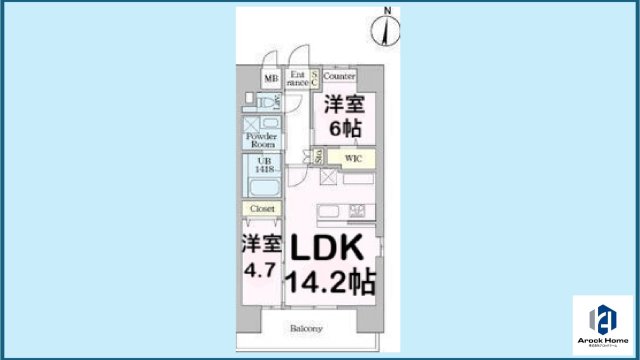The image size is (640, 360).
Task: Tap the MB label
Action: point(270,78)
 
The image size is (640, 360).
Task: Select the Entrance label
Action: point(297,78)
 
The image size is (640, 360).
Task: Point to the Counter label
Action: point(340,76)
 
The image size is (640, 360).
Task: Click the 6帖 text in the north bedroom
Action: point(341,127)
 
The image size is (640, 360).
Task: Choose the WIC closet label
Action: point(352,157)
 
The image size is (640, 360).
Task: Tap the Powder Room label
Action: point(261,139)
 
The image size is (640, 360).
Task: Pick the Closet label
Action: point(263,208)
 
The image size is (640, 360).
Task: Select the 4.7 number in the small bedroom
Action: point(260,271)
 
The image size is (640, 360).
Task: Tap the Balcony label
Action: point(306,328)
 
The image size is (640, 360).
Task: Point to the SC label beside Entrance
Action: point(313,77)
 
